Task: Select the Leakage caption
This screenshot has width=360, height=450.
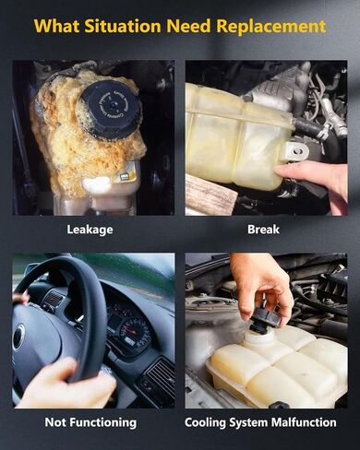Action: pos(90,230)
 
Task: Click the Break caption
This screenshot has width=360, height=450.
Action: pos(263,230)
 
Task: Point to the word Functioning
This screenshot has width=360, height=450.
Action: pos(104,422)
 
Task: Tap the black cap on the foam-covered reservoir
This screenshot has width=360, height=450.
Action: pos(110,111)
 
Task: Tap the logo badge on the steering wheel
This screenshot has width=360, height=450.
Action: pos(18,337)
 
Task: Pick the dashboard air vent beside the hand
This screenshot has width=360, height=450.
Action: pos(161,377)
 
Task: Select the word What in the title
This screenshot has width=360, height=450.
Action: pos(57,26)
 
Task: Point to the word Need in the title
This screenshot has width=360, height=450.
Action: pos(188,26)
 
